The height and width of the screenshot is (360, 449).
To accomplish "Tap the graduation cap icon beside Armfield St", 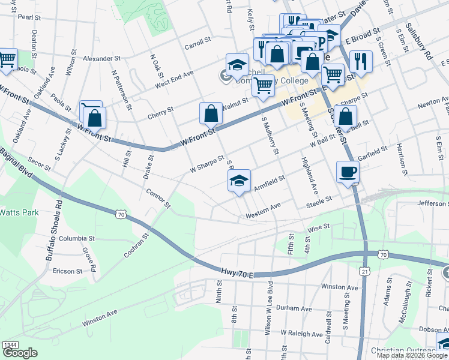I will point(239,181).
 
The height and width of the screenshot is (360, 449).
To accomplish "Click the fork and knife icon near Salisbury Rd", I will point(361,61).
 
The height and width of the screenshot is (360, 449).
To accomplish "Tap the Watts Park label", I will point(19,212).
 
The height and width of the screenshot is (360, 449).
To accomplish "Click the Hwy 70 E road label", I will point(237,274).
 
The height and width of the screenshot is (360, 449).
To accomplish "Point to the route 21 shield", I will point(364,272).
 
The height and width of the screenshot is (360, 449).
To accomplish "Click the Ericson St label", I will point(67,271).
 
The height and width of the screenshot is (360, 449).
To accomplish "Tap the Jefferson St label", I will point(429,203).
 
